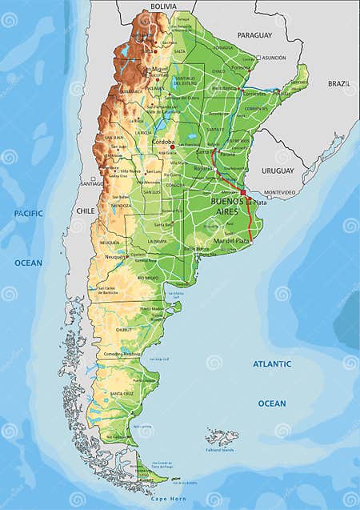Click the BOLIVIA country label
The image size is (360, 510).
pyautogui.click(x=162, y=6)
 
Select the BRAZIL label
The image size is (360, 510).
pyautogui.click(x=338, y=83)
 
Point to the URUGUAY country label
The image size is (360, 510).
pyautogui.click(x=278, y=171)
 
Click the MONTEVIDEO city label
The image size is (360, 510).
pyautogui.click(x=279, y=192)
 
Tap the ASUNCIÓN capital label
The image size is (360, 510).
pyautogui.click(x=274, y=58)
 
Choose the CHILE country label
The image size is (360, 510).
pyautogui.click(x=85, y=211)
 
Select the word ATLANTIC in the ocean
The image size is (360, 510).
pyautogui.click(x=272, y=363)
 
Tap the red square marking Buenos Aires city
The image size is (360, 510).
pyautogui.click(x=243, y=192)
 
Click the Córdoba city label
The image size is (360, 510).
pyautogui.click(x=163, y=142)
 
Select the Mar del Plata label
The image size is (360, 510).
pyautogui.click(x=230, y=241)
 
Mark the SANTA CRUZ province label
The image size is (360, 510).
pyautogui.click(x=122, y=393)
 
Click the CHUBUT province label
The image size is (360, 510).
pyautogui.click(x=124, y=329)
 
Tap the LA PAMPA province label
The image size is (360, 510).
pyautogui.click(x=154, y=241)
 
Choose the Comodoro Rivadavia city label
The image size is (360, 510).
pyautogui.click(x=121, y=353)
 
